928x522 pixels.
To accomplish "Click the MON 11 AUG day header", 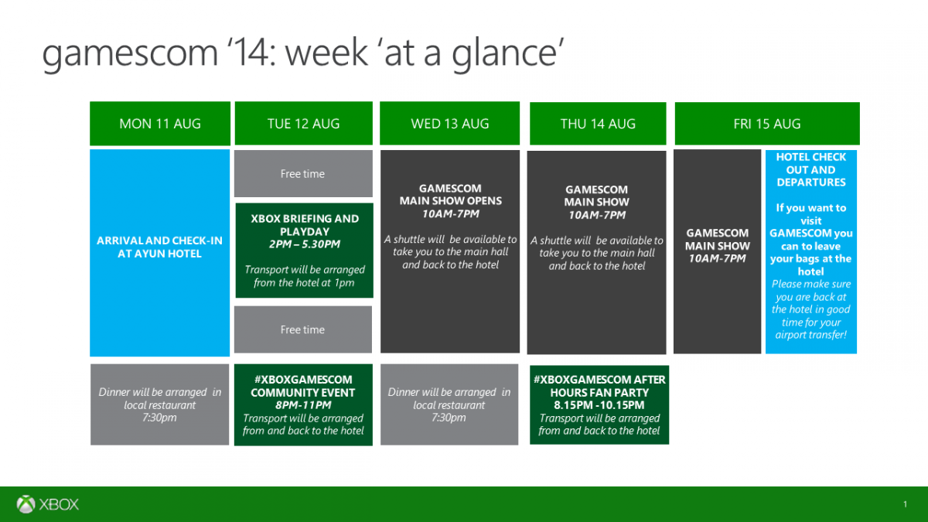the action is [160, 124].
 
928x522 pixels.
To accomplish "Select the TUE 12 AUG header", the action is [304, 124].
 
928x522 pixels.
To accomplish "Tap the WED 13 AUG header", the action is [450, 124].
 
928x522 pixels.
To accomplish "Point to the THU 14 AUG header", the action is [598, 124].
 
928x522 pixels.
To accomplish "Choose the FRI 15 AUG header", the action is [767, 124].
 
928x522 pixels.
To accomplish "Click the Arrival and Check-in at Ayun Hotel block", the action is [160, 253].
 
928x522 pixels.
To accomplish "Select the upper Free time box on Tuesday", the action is [303, 173].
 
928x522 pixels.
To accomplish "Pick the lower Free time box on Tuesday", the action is [303, 329].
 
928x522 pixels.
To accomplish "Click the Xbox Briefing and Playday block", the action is [305, 251].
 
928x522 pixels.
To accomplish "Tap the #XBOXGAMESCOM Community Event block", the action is [303, 404].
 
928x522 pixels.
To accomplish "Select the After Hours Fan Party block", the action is [599, 404].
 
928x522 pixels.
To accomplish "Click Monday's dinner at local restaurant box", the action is [159, 404].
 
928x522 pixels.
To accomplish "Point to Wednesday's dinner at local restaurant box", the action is [449, 404].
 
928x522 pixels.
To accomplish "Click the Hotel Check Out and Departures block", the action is [811, 251].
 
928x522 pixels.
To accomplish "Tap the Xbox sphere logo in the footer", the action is [26, 504].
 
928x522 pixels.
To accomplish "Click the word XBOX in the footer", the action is [59, 504].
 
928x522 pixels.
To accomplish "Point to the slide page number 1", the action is [906, 504].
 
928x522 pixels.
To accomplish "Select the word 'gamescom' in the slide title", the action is [130, 55].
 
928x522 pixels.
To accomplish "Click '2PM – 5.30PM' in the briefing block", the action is [305, 244].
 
